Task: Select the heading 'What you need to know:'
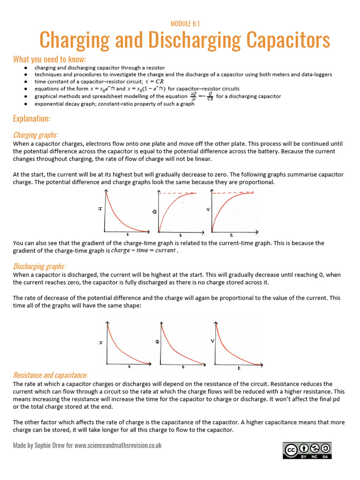pos(50,59)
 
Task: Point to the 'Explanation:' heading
pos(32,118)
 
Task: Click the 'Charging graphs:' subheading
pos(36,135)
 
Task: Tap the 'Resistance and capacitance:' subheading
pos(50,375)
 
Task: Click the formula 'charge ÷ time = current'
pos(143,250)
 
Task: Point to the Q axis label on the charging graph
pos(154,212)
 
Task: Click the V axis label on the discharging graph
pos(212,341)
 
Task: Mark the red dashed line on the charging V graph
pos(234,193)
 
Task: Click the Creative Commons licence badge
pos(307,450)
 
